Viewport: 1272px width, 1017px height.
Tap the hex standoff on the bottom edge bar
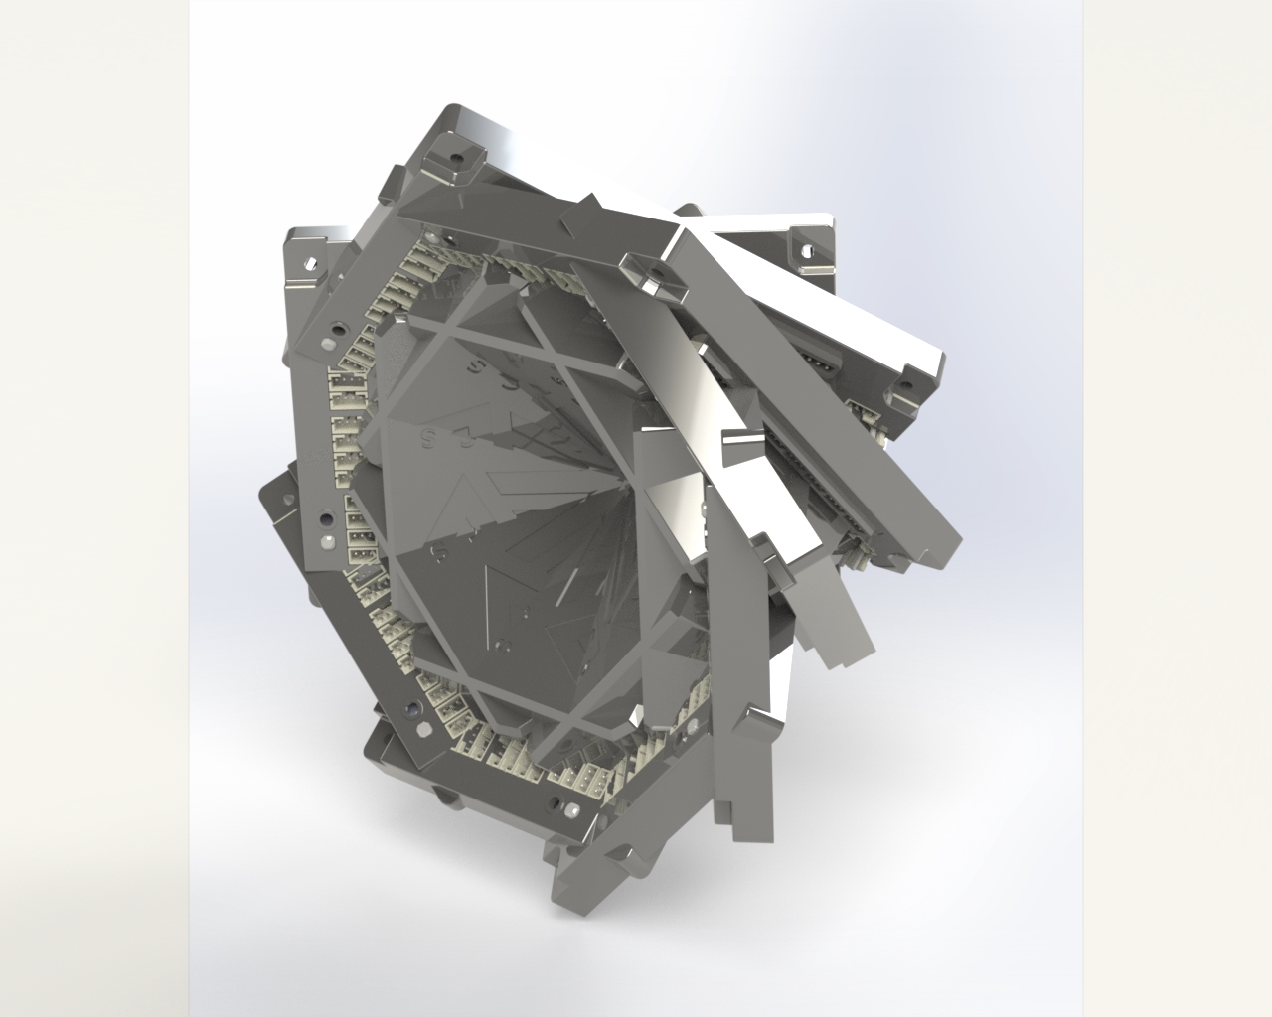(575, 809)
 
